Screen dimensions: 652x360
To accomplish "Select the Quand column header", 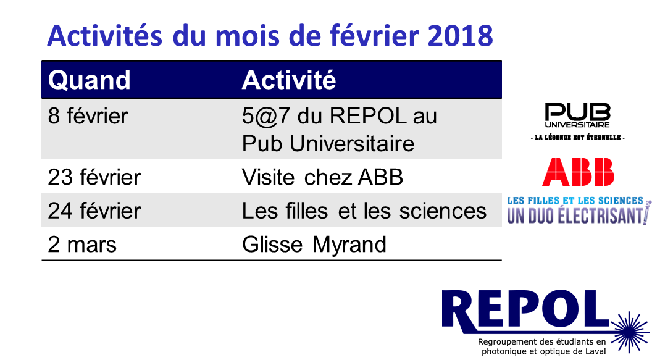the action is pos(90,80).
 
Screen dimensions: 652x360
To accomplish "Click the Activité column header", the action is pos(289,80).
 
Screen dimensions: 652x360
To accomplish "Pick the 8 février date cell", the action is pos(88,115).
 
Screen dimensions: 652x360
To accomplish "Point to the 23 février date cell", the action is pos(94,177).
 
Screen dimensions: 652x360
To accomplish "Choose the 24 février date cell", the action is pos(94,211).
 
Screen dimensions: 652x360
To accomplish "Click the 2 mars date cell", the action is pos(82,245).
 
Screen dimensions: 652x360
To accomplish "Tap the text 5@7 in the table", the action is pos(265,116).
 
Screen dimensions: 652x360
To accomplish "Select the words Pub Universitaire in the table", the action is pos(328,144).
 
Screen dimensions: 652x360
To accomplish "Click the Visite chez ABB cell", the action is pos(323,177).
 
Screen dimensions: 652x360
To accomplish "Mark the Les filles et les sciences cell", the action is pos(364,211).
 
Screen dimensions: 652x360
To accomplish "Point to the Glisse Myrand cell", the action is pos(314,245).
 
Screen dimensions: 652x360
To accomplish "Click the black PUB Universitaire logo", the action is pos(577,115).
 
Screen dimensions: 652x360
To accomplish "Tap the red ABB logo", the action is pos(579,172).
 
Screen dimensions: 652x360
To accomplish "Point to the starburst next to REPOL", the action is pos(630,332).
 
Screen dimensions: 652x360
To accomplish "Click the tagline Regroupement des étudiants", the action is pos(542,346).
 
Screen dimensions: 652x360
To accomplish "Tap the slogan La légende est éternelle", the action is pos(578,137).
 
